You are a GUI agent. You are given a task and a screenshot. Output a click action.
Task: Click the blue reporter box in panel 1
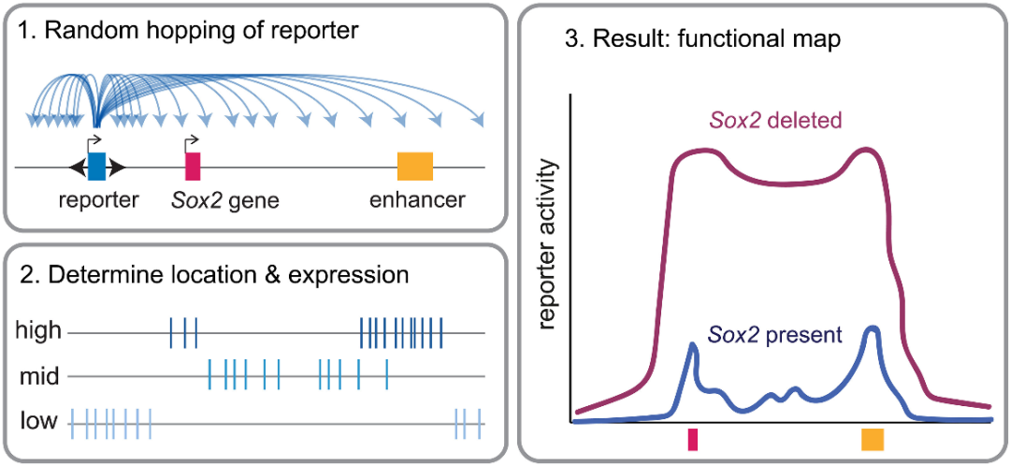96,167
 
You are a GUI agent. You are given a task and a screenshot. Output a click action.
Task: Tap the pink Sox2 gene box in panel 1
193,167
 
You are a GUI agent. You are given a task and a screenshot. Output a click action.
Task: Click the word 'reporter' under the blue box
98,199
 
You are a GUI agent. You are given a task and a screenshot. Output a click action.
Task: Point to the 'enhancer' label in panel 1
417,199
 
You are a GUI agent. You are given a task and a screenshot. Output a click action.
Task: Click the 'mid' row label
39,377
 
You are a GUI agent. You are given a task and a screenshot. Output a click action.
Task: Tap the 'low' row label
37,423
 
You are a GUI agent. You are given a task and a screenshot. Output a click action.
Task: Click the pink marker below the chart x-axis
692,439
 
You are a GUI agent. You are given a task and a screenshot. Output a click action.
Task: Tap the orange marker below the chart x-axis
873,439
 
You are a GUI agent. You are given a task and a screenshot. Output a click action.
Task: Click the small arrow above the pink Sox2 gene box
193,144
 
